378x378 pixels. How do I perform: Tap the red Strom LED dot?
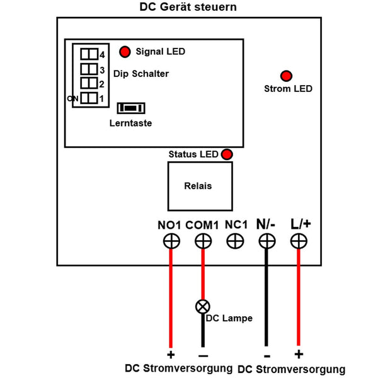(287, 76)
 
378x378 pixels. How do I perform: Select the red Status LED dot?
(227, 154)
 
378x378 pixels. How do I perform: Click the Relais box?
(198, 186)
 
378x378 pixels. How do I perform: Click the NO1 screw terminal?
(171, 241)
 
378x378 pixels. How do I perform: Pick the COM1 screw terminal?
(203, 241)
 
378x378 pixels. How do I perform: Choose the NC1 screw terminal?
(235, 241)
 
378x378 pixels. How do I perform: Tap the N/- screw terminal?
(266, 241)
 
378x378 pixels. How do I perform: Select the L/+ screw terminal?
(299, 241)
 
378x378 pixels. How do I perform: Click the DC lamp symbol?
(203, 307)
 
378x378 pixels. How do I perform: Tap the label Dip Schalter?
(141, 74)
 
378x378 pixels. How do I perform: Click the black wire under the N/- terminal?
(266, 296)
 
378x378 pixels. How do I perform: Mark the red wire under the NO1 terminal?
(171, 296)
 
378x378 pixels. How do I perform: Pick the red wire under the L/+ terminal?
(299, 296)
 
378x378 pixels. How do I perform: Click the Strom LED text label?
(288, 89)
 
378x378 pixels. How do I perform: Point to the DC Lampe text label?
(229, 318)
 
